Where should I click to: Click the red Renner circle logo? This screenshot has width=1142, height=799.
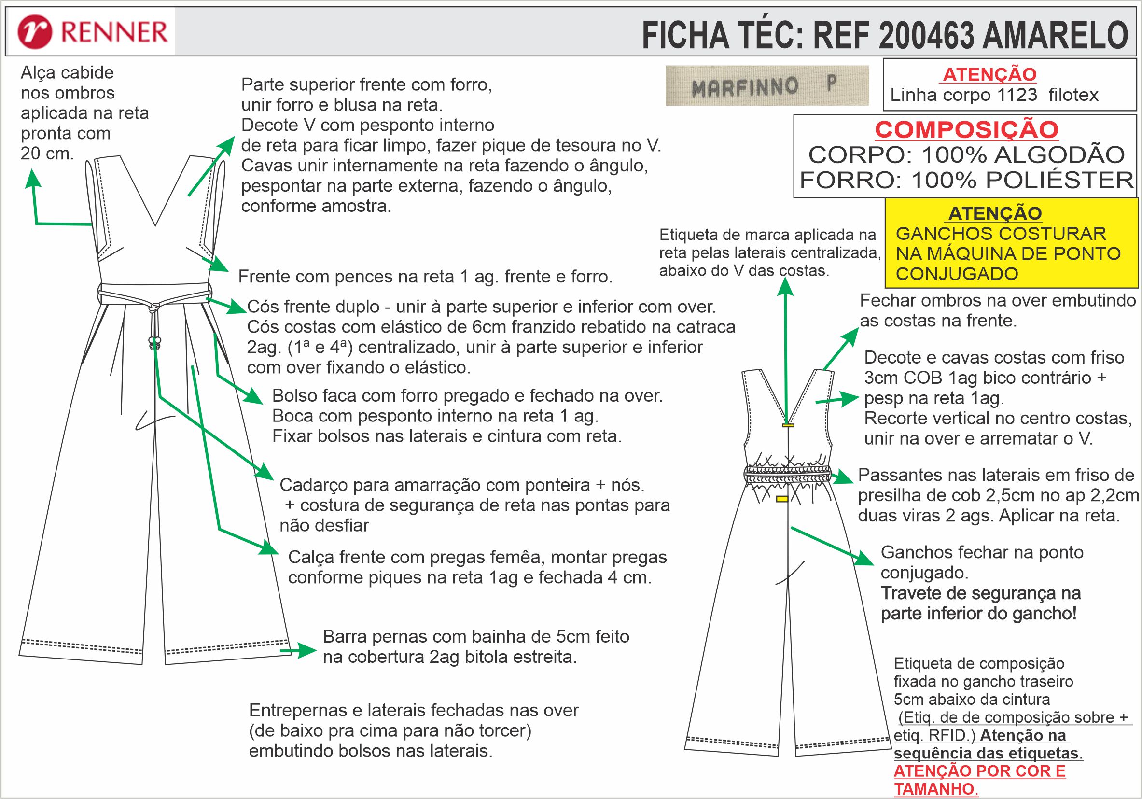coord(34,32)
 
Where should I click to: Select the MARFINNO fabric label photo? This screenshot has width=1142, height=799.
coord(766,85)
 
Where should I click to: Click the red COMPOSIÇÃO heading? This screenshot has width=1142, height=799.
coord(966,130)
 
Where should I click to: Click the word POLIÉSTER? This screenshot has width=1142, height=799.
coord(1059,180)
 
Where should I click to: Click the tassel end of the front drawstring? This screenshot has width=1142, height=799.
coord(156,342)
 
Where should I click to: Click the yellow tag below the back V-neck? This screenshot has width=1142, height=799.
coord(788,425)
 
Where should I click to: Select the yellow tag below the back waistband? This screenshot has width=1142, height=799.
coord(782,498)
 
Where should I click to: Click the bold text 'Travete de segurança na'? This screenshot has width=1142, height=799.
coord(980,593)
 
